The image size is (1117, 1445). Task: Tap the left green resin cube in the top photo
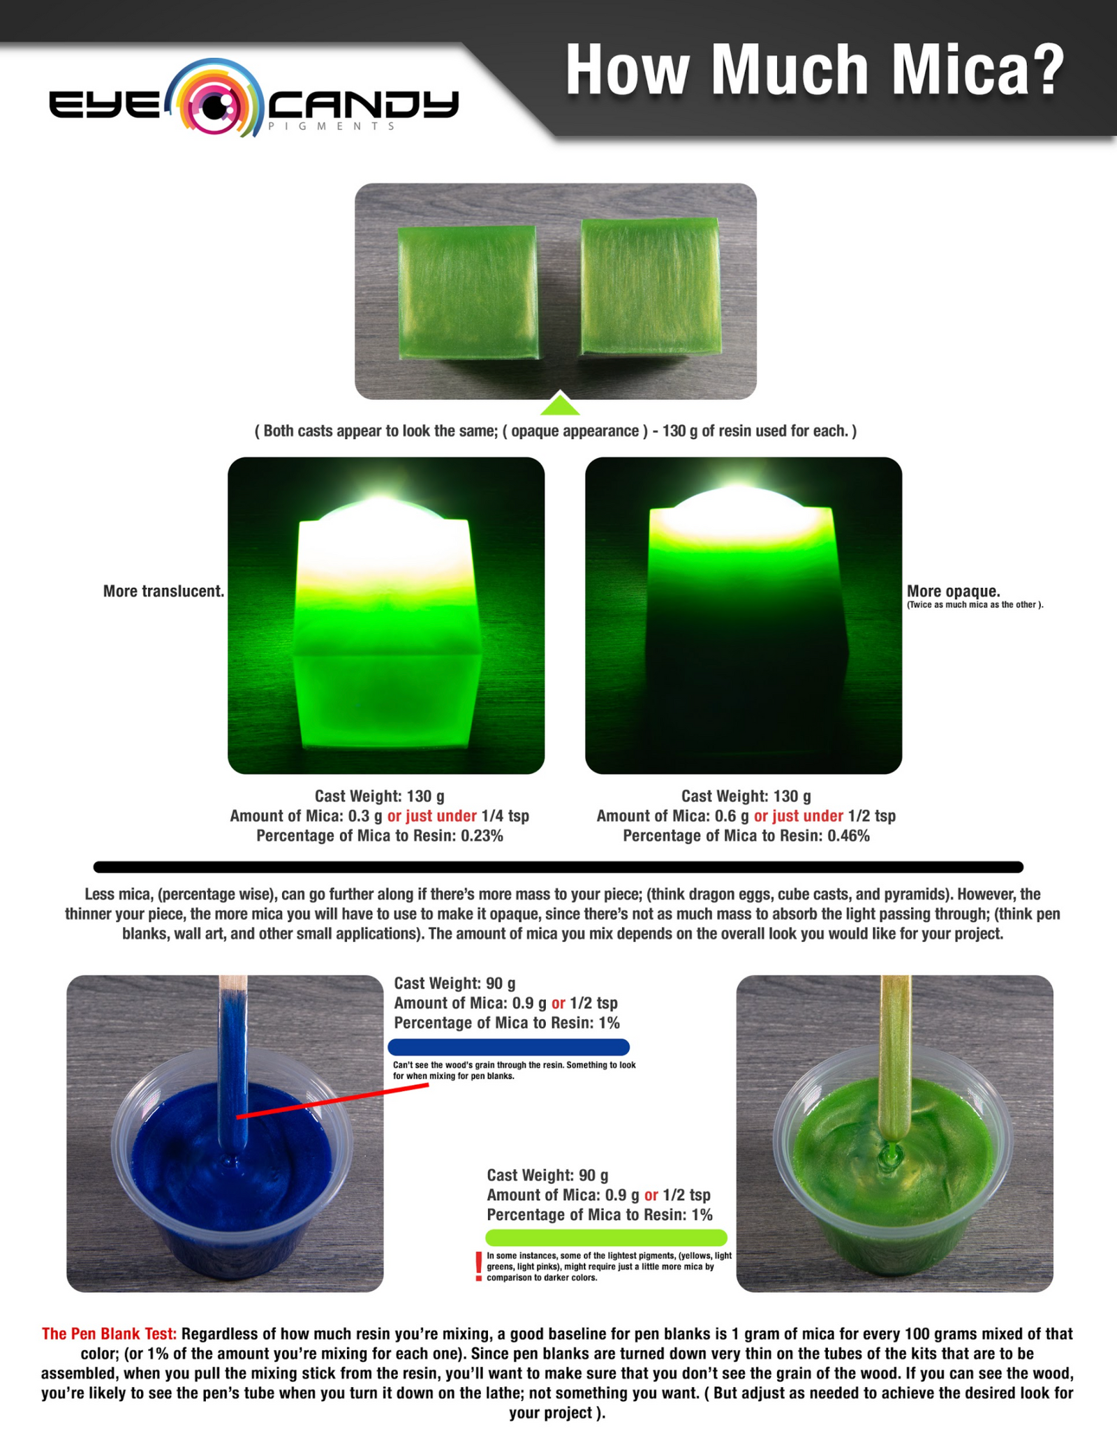pos(466,291)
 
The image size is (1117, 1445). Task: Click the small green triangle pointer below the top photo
pos(560,406)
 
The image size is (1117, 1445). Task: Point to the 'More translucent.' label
pos(163,591)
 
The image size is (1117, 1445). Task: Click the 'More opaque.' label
pos(953,591)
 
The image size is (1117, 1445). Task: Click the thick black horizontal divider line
pos(558,867)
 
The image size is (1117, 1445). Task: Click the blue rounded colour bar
pos(508,1047)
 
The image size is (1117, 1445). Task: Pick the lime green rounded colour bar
pos(606,1238)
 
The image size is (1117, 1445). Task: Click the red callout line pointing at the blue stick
pos(332,1102)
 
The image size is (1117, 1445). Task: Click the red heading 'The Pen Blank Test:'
pos(109,1334)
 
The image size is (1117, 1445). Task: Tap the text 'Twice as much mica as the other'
pos(975,605)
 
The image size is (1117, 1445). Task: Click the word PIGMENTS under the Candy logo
pos(332,126)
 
